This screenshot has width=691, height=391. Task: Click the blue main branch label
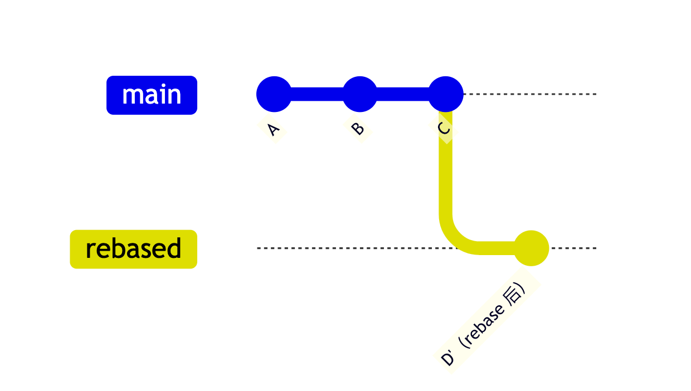click(x=152, y=95)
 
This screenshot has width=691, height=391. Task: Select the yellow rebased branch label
click(x=133, y=249)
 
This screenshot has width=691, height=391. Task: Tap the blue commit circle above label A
click(x=274, y=94)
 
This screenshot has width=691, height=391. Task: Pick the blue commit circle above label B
click(x=360, y=94)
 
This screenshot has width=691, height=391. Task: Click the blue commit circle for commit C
click(x=446, y=94)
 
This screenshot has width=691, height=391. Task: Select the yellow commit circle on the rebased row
click(x=532, y=248)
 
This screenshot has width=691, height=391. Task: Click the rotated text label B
click(x=358, y=129)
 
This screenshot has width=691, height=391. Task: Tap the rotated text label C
click(x=444, y=129)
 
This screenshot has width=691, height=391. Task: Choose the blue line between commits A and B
click(x=317, y=94)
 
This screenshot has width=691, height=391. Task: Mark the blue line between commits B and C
click(x=403, y=94)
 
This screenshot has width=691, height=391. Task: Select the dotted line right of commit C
click(x=529, y=94)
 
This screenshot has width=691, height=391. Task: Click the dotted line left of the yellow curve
click(x=345, y=248)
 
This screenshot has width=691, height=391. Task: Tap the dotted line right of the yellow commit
click(x=574, y=248)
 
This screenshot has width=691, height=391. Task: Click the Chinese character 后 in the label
click(x=514, y=294)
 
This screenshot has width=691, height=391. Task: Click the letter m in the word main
click(x=132, y=96)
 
